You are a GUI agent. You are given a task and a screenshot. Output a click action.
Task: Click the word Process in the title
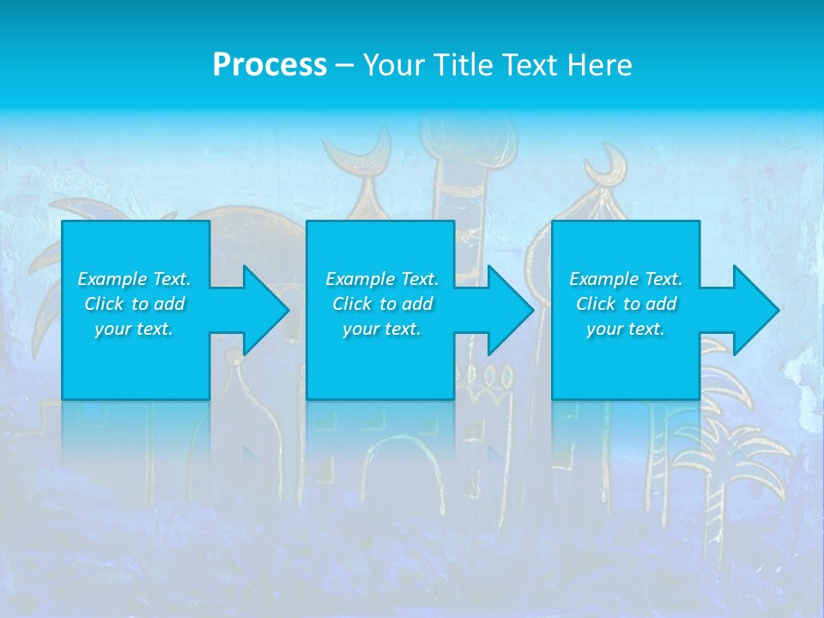click(270, 64)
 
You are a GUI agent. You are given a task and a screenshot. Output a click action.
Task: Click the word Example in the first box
click(112, 279)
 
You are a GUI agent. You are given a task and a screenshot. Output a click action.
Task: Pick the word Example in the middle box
click(360, 279)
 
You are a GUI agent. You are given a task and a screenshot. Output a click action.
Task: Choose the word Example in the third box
click(603, 279)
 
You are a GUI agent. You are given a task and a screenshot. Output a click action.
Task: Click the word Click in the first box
click(104, 304)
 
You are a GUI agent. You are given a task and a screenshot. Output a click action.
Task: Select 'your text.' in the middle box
click(381, 329)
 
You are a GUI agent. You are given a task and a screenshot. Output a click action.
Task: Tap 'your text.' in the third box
click(625, 329)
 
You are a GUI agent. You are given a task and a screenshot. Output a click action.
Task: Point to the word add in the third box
click(661, 304)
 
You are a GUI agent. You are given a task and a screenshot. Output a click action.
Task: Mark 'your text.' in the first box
click(134, 329)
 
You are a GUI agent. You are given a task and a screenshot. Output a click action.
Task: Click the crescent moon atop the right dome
click(612, 161)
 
